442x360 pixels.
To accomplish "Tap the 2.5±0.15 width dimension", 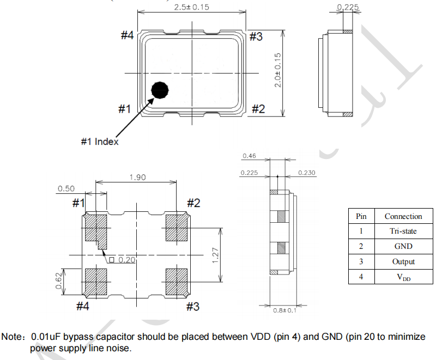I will pos(191,7).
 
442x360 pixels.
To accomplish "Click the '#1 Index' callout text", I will pos(100,142).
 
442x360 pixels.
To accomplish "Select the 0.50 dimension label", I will pos(65,188).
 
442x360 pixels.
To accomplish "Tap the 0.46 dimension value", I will pos(249,156).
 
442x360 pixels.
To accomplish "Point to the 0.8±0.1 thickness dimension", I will pos(284,310).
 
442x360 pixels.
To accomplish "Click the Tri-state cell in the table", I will pos(403,231).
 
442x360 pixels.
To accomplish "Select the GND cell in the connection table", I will pos(403,246).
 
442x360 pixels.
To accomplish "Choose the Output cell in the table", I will pos(403,261).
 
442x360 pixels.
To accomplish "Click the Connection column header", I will pos(403,216).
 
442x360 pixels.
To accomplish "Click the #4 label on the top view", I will pos(127,35).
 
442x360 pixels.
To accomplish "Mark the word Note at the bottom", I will pos(11,337).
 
